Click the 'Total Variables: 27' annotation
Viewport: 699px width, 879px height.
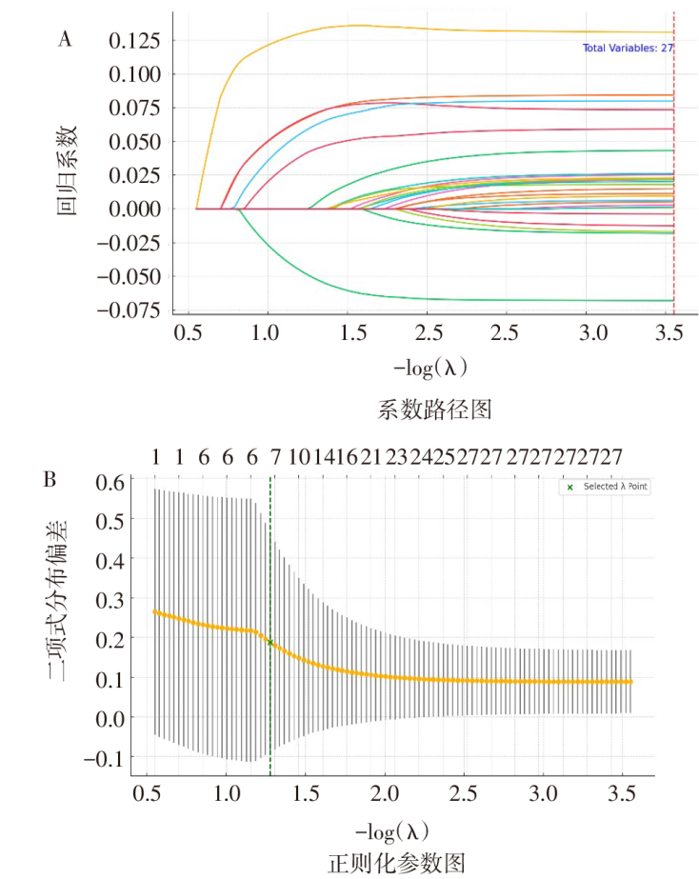click(x=629, y=47)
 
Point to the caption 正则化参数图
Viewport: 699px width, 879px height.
click(x=397, y=863)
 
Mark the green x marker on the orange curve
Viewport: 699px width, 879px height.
click(x=270, y=643)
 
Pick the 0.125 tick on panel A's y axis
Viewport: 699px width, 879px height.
click(x=134, y=40)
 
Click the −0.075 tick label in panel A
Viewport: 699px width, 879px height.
click(x=127, y=310)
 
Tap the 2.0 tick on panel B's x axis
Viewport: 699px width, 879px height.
click(x=385, y=792)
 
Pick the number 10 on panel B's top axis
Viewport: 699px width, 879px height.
click(x=298, y=458)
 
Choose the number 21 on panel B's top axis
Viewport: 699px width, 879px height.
click(x=371, y=458)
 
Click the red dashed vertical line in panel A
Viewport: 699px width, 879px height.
click(x=673, y=190)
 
